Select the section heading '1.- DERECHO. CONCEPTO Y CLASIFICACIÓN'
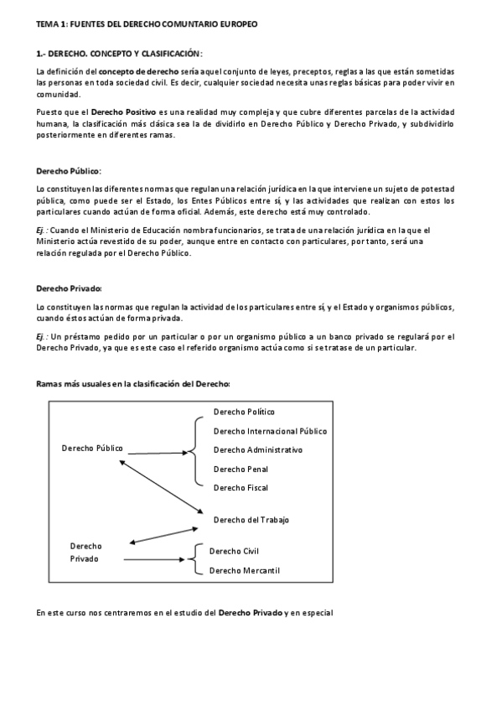[x=119, y=53]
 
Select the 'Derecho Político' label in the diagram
[x=244, y=412]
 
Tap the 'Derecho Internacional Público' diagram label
[x=270, y=431]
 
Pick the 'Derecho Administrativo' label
[x=258, y=450]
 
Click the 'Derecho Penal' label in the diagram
[x=240, y=470]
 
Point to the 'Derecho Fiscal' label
[x=241, y=488]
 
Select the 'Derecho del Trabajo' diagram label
[x=251, y=520]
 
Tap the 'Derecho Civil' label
[x=234, y=551]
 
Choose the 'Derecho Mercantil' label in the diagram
[x=244, y=570]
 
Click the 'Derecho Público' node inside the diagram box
[x=92, y=448]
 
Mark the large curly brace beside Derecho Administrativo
[x=196, y=450]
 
